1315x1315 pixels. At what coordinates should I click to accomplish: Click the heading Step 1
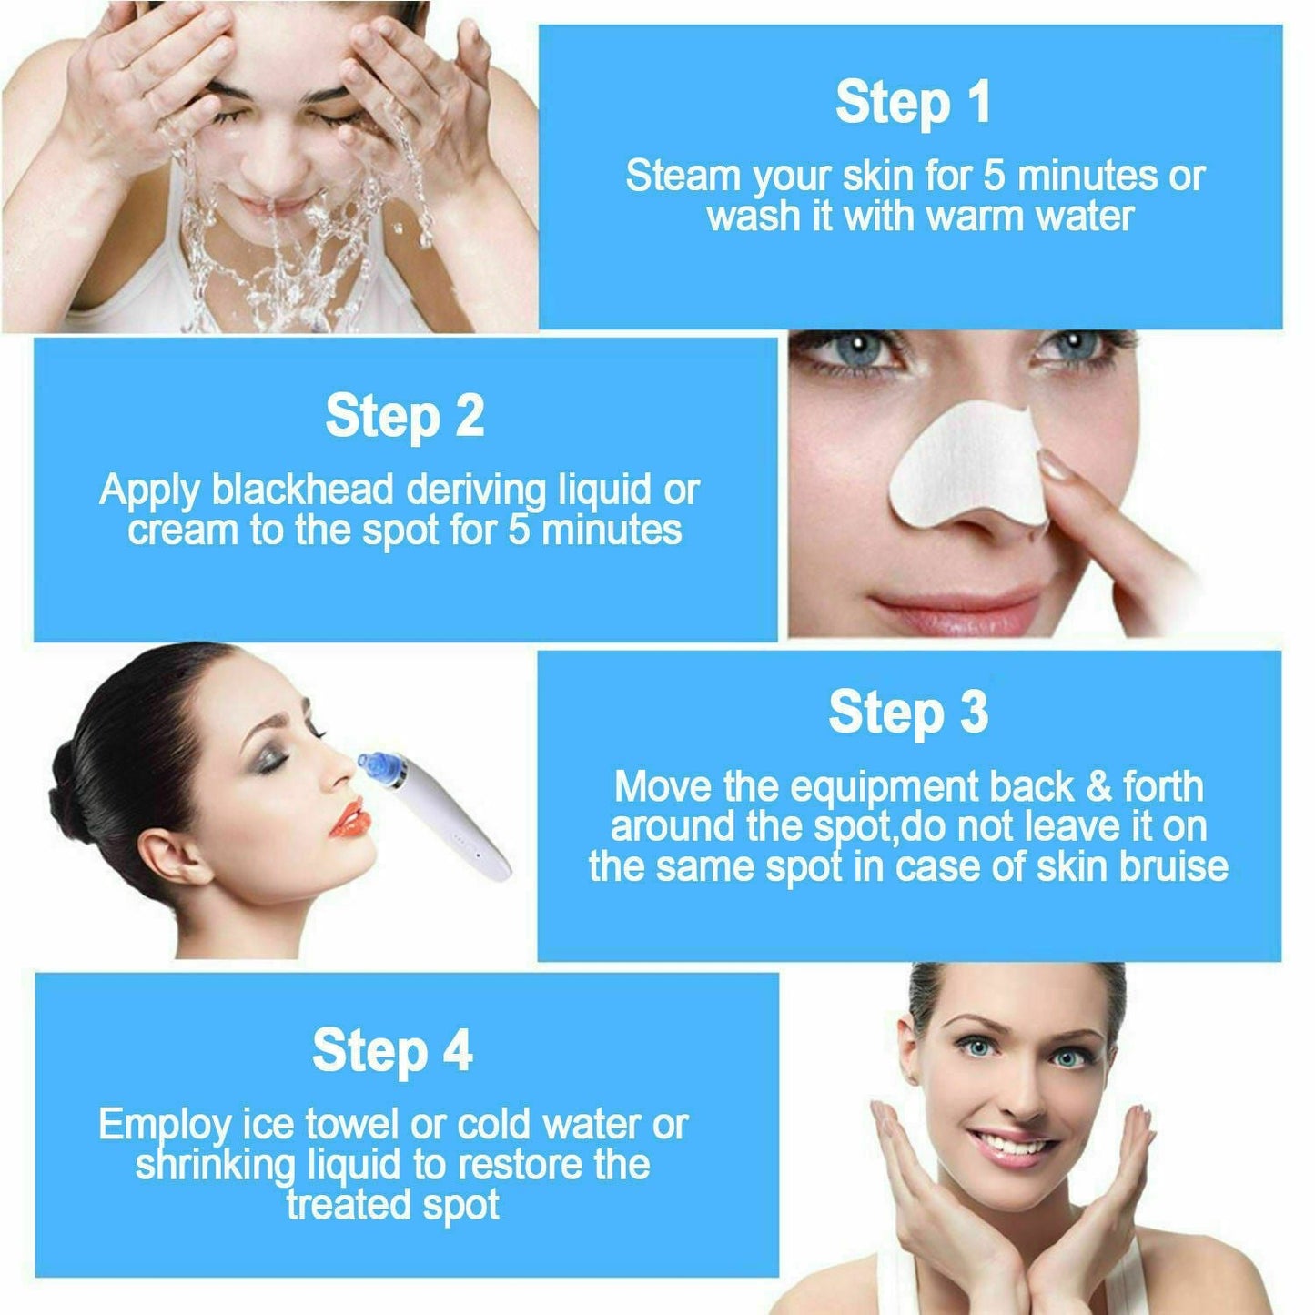(913, 102)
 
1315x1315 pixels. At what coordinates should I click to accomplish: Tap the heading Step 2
(404, 417)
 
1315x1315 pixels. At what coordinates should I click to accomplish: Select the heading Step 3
(907, 713)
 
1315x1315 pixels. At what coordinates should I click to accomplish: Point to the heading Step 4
(392, 1051)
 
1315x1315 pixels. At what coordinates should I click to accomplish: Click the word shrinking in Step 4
(216, 1166)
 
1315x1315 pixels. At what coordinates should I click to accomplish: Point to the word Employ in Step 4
(164, 1127)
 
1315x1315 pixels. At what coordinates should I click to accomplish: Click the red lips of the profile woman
(348, 817)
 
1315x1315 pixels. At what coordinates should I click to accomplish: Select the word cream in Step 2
(182, 531)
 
